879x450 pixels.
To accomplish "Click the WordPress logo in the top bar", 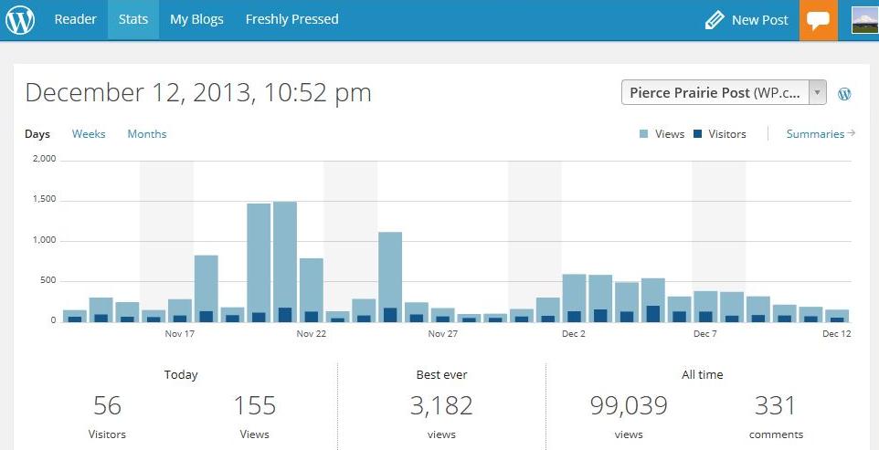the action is (x=20, y=20).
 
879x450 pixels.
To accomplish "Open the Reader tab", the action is (x=75, y=19).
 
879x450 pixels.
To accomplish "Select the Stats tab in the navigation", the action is (x=132, y=19).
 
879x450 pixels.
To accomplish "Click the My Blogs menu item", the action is (x=196, y=19).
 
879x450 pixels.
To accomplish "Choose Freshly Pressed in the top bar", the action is (x=292, y=19).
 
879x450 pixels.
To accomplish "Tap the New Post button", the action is (x=747, y=21).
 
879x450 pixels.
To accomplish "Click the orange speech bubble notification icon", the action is (x=819, y=20).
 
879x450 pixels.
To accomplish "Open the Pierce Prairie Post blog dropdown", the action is (x=724, y=92).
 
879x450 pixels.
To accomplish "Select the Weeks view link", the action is (x=89, y=134).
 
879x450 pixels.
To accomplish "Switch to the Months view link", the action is (x=147, y=134).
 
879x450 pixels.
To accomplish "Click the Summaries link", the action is (x=821, y=134).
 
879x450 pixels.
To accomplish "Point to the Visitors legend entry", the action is (x=720, y=134).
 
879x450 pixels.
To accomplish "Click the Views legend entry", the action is (x=662, y=134).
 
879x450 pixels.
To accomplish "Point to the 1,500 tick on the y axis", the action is (x=45, y=201).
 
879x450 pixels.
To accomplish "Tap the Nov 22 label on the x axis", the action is (x=312, y=334).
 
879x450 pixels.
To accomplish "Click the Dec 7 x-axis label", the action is (x=705, y=334).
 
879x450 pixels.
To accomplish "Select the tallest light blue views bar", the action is (x=285, y=262).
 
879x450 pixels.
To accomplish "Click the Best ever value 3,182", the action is (x=441, y=406).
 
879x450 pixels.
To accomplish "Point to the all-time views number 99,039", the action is (x=629, y=406).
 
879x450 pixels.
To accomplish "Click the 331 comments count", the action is (x=775, y=406).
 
